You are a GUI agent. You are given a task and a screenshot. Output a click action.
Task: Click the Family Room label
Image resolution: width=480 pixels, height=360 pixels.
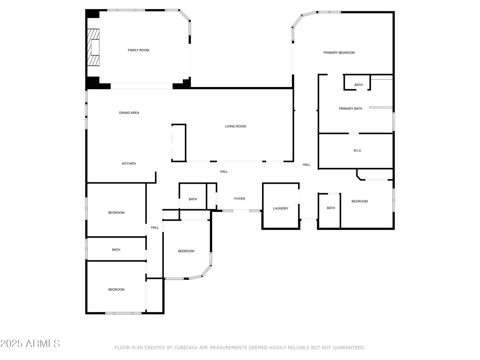click(138, 50)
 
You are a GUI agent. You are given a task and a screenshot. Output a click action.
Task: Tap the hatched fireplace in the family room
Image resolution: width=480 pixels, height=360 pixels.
click(93, 47)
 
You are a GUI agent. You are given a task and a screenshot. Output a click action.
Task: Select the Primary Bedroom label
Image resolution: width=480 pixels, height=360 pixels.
click(339, 52)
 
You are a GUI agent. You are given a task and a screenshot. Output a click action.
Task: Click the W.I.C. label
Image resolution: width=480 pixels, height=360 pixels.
click(357, 151)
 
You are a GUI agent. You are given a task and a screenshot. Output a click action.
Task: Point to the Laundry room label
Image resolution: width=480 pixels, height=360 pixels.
click(280, 208)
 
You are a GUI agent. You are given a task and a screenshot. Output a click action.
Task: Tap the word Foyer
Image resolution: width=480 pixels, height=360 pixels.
click(240, 199)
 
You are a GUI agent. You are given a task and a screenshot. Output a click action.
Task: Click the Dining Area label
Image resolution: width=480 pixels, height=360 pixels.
click(129, 113)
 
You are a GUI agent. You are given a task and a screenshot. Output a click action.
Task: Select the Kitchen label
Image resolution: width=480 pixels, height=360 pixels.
click(129, 163)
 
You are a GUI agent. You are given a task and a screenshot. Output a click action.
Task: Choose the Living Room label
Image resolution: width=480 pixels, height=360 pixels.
click(235, 126)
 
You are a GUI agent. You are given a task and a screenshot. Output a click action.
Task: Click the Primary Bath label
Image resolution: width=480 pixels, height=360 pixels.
click(350, 109)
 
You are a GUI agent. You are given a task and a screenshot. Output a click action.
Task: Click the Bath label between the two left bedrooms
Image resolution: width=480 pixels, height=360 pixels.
click(116, 250)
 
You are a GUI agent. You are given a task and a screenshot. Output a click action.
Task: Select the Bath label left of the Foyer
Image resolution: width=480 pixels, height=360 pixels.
click(193, 199)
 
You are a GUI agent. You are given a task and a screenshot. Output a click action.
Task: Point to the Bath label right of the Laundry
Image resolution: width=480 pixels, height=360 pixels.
click(331, 208)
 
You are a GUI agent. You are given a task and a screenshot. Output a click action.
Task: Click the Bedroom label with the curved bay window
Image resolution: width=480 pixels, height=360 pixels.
click(186, 251)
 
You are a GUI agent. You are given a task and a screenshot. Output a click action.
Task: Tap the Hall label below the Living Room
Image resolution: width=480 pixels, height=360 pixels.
click(224, 172)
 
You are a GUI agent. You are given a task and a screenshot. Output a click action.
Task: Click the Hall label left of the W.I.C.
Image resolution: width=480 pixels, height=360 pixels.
click(306, 165)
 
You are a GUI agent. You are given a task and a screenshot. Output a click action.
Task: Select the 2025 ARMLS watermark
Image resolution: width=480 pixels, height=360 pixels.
click(30, 343)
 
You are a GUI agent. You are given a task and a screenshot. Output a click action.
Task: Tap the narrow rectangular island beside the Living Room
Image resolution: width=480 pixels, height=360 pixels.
click(178, 143)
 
